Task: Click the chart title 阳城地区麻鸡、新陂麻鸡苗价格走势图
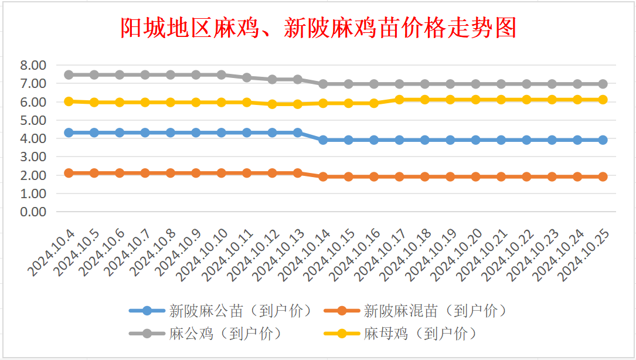pyautogui.click(x=318, y=28)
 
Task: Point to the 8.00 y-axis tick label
pyautogui.click(x=33, y=65)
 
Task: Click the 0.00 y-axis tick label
pyautogui.click(x=33, y=212)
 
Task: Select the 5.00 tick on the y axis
pyautogui.click(x=33, y=120)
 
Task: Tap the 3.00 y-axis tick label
pyautogui.click(x=33, y=157)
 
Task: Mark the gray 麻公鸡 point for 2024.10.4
pyautogui.click(x=69, y=74)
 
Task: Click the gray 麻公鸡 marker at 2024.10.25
pyautogui.click(x=603, y=84)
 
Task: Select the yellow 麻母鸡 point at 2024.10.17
pyautogui.click(x=399, y=100)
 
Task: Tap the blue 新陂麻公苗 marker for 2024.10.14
pyautogui.click(x=323, y=140)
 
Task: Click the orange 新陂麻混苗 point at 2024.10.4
pyautogui.click(x=69, y=173)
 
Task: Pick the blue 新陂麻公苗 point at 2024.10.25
pyautogui.click(x=603, y=140)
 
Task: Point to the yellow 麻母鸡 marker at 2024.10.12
pyautogui.click(x=272, y=104)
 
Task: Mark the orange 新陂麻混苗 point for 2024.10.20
pyautogui.click(x=475, y=176)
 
